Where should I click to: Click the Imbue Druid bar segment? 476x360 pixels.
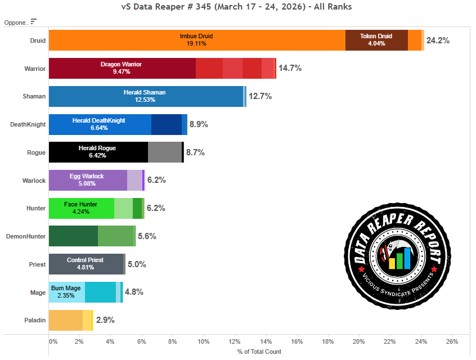point(197,40)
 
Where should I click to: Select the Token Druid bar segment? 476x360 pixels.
point(376,40)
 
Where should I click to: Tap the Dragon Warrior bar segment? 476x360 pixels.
point(122,68)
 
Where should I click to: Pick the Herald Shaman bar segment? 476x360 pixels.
point(146,96)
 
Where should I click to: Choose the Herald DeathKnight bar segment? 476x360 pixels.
point(100,124)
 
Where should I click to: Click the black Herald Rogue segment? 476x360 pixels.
point(98,152)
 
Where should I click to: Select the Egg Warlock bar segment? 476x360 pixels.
point(88,180)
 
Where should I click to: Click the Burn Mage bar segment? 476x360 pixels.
point(66,292)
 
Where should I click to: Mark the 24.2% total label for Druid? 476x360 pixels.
point(438,40)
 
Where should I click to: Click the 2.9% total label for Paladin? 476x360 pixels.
point(105,320)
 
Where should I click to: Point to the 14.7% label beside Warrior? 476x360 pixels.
point(290,68)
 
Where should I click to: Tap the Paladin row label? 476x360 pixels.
point(35,320)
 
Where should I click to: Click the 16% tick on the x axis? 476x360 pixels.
point(297,341)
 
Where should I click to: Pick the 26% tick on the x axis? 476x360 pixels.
point(452,341)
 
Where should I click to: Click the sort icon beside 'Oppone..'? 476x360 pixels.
point(34,22)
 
